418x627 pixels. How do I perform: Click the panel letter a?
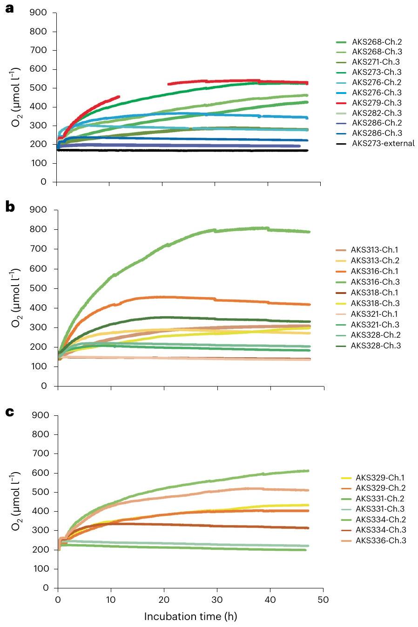[10, 9]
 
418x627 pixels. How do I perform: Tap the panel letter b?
[10, 207]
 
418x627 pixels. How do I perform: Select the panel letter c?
[10, 412]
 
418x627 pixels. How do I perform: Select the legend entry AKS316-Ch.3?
[375, 282]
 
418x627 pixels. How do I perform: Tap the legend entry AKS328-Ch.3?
[375, 346]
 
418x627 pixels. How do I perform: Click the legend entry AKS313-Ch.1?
[375, 250]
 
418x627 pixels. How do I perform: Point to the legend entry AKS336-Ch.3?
[379, 540]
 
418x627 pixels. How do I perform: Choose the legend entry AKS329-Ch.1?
[379, 477]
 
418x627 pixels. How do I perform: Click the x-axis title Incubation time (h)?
[190, 617]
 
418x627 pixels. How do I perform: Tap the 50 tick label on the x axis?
[323, 600]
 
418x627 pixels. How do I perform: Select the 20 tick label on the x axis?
[164, 600]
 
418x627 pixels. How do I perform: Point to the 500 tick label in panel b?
[40, 288]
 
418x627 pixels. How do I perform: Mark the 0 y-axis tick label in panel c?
[46, 588]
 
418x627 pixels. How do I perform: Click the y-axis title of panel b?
[16, 298]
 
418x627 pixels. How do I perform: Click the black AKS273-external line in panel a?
[186, 150]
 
